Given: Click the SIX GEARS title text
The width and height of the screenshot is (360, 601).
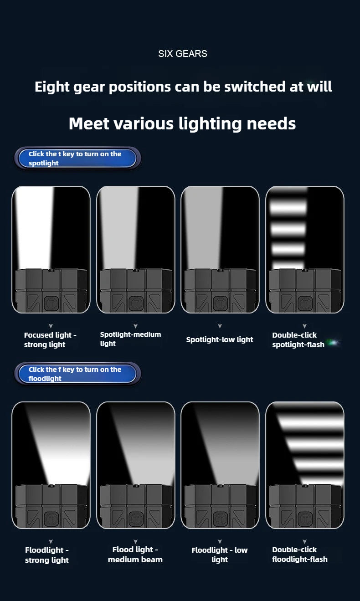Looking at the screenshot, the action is (182, 54).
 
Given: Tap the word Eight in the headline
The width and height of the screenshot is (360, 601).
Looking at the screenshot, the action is (52, 87).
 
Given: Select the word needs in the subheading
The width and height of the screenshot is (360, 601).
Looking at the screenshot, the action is (271, 123).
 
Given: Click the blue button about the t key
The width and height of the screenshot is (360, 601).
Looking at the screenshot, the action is (77, 158).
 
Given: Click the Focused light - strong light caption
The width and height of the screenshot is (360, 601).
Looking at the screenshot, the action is (50, 339).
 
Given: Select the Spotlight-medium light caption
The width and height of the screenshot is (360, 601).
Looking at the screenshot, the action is (130, 339).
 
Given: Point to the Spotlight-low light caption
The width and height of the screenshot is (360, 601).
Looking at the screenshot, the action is (220, 339).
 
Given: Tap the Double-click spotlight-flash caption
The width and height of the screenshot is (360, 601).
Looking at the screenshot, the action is (298, 339).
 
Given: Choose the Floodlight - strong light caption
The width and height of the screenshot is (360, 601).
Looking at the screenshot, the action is (46, 555).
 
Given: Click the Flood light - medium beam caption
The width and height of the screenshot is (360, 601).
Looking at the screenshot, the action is (135, 555).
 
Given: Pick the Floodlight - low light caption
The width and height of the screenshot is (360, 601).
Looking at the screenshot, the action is (220, 555).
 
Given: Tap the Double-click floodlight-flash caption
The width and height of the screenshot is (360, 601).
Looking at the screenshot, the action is (300, 555).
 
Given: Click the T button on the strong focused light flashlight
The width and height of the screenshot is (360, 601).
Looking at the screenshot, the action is (51, 304).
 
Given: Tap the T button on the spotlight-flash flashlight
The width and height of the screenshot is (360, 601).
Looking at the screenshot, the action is (305, 304).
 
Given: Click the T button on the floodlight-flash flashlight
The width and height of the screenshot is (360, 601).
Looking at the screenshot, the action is (305, 519).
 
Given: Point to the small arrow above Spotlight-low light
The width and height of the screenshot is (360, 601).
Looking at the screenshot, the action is (220, 326).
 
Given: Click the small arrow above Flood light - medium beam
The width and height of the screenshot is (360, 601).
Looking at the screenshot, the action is (135, 541).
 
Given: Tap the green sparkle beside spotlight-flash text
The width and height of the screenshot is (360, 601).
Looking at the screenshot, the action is (334, 342).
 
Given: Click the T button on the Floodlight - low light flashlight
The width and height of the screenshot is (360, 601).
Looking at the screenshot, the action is (220, 519).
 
